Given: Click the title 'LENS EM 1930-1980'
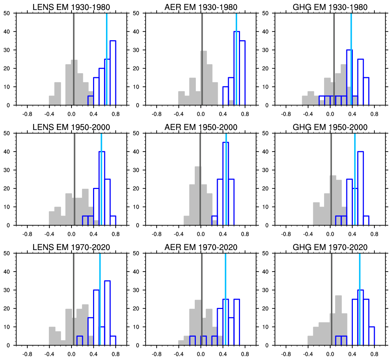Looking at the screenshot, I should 71,8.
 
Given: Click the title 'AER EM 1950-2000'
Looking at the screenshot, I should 200,128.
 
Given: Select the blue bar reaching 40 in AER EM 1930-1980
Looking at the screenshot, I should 236,68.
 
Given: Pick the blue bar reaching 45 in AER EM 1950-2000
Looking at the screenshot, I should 226,184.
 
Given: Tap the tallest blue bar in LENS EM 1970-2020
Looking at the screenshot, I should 107,313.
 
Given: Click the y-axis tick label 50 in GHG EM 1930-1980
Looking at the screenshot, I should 268,13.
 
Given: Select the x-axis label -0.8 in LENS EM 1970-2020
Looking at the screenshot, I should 27,354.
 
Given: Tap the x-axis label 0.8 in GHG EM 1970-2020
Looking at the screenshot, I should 374,354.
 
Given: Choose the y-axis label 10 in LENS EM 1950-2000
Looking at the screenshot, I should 10,207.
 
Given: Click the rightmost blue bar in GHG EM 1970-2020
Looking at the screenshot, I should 372,336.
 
